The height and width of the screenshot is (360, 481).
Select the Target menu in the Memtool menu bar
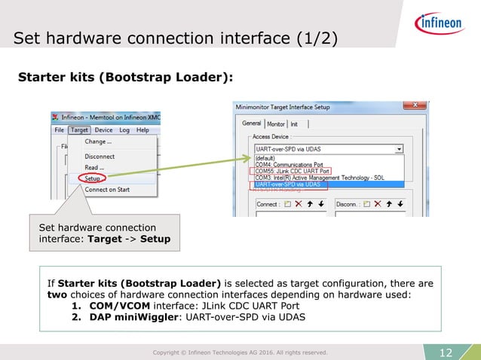(80, 130)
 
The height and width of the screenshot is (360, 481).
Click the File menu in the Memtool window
(60, 130)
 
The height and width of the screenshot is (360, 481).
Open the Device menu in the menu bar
(103, 130)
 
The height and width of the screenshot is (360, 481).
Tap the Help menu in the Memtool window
(142, 130)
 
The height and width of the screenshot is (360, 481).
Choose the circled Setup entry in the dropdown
(93, 178)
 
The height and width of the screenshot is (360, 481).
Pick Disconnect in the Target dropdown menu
(100, 156)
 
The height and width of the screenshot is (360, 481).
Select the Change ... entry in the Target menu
(98, 142)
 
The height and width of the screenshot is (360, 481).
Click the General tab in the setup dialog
(252, 124)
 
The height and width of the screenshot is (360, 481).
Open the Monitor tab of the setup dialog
(275, 124)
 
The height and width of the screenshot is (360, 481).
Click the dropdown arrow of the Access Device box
(399, 149)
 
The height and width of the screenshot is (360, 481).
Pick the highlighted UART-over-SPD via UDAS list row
(287, 185)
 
